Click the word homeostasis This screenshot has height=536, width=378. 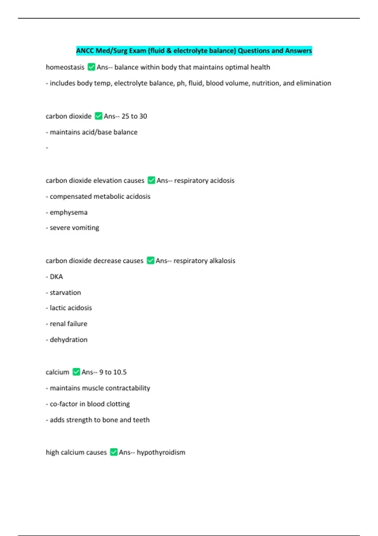pyautogui.click(x=65, y=67)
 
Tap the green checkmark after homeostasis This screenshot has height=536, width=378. pyautogui.click(x=91, y=67)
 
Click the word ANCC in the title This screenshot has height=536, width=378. pyautogui.click(x=85, y=51)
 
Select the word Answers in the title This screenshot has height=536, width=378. pyautogui.click(x=298, y=51)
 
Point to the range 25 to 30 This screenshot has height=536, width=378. pyautogui.click(x=134, y=116)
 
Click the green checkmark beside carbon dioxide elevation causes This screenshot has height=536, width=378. pyautogui.click(x=151, y=180)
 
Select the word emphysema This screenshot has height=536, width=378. pyautogui.click(x=68, y=213)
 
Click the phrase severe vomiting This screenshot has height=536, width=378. pyautogui.click(x=74, y=228)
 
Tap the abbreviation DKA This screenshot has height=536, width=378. pyautogui.click(x=56, y=277)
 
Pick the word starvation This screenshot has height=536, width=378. pyautogui.click(x=65, y=293)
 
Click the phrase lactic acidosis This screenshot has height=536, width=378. pyautogui.click(x=71, y=308)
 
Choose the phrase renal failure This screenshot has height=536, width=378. pyautogui.click(x=68, y=324)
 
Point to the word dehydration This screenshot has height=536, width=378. pyautogui.click(x=68, y=340)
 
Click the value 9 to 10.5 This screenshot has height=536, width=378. pyautogui.click(x=113, y=372)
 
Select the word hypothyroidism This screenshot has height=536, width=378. pyautogui.click(x=161, y=452)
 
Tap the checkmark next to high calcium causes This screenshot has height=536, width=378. pyautogui.click(x=114, y=452)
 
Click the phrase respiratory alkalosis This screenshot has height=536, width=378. pyautogui.click(x=204, y=261)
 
